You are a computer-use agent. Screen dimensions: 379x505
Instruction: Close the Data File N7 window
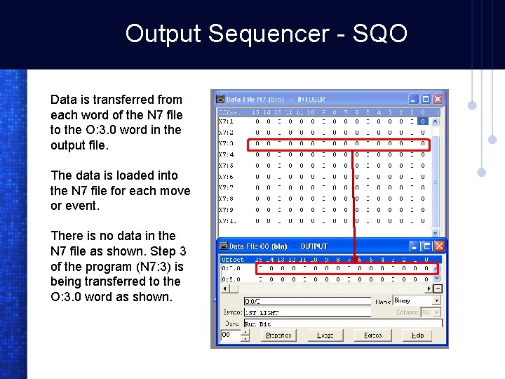438,100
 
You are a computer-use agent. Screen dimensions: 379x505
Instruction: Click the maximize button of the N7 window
426,100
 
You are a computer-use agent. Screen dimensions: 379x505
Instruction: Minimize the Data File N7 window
414,100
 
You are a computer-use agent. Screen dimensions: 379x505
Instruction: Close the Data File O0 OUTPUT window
438,246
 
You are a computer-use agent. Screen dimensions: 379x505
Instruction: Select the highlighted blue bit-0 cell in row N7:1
422,121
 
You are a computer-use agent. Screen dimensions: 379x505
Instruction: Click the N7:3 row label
226,143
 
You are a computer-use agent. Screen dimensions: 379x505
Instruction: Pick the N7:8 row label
226,199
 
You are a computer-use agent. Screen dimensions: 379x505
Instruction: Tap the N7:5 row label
226,166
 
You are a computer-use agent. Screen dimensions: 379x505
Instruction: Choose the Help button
418,335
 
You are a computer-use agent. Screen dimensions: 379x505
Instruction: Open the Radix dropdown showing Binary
417,300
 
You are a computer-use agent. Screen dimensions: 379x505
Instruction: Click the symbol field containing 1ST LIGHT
307,312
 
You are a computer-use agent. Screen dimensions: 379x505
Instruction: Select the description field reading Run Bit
342,324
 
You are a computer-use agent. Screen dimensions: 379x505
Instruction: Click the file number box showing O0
230,335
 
